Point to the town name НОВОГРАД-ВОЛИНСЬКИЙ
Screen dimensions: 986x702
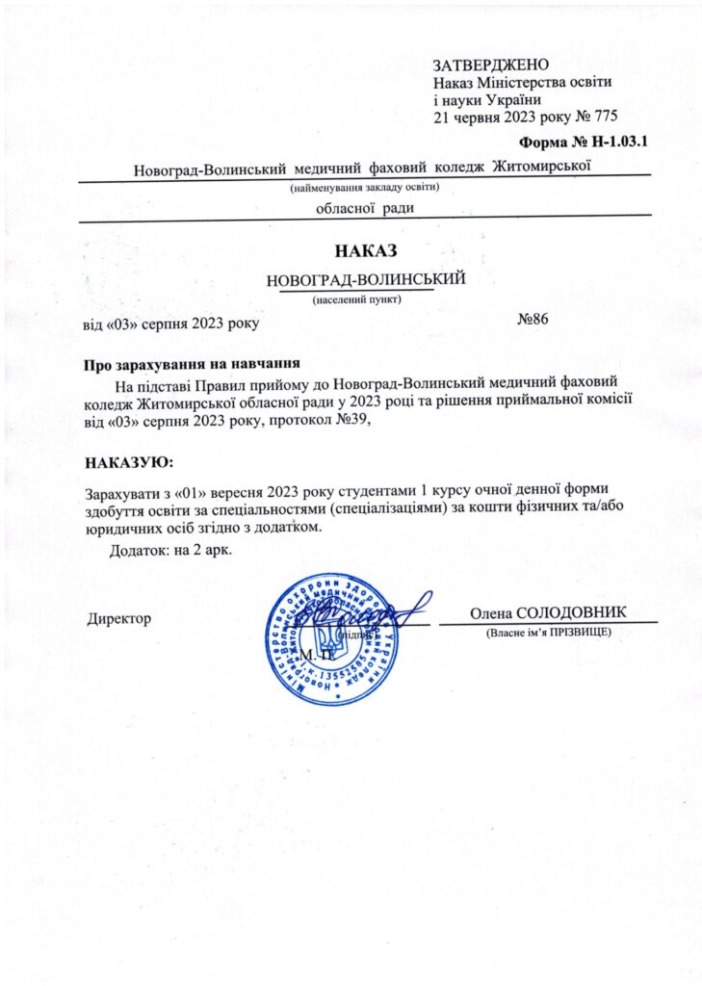366,279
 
